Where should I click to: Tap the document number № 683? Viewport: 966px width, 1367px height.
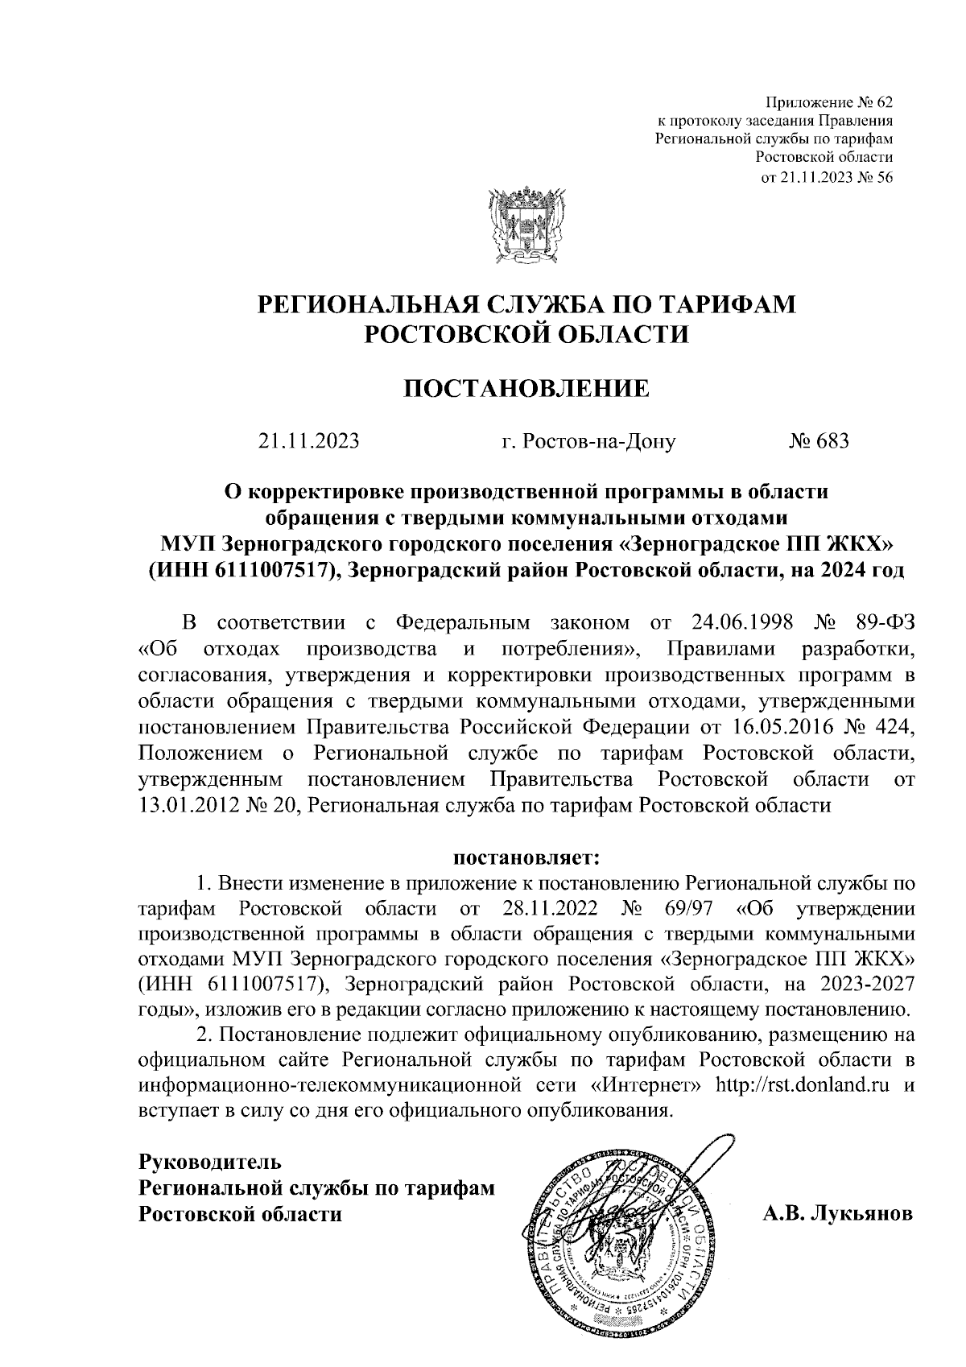pyautogui.click(x=818, y=442)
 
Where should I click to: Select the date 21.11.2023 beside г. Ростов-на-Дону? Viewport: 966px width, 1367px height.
pyautogui.click(x=308, y=442)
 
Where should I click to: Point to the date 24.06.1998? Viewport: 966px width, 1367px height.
pyautogui.click(x=743, y=623)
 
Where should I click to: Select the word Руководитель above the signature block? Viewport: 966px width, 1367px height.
pyautogui.click(x=210, y=1162)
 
